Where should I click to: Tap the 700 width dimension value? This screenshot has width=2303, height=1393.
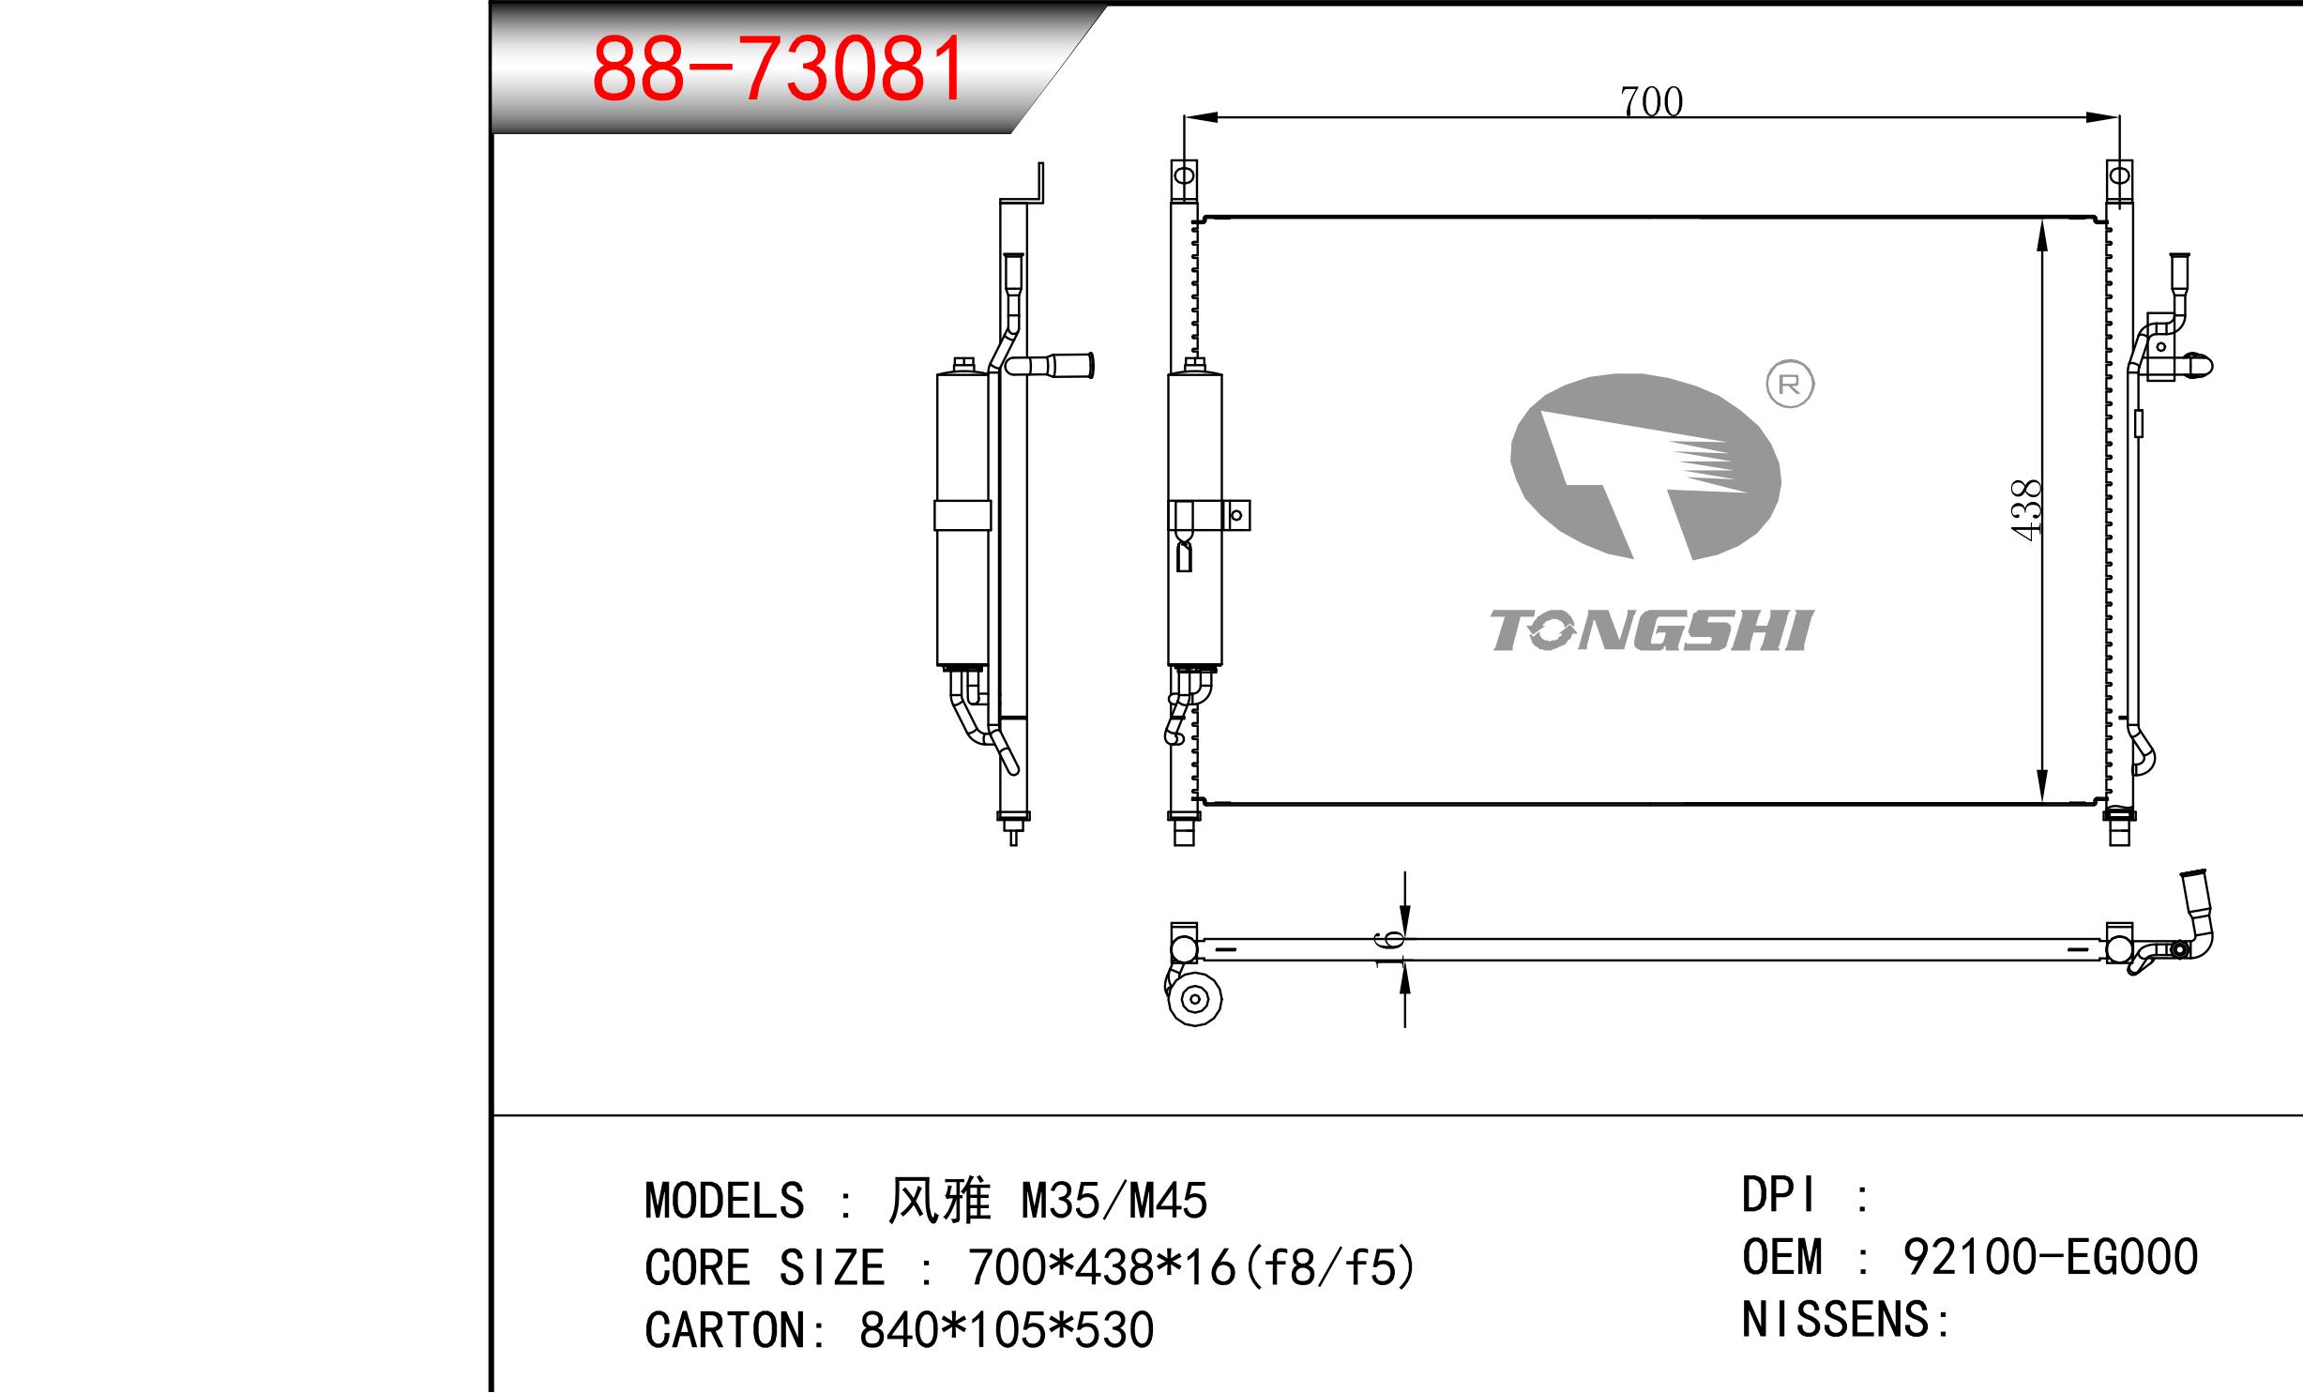pos(1651,101)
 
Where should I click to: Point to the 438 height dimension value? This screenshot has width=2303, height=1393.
pos(2027,509)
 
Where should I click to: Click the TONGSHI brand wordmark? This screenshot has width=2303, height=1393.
pos(1652,629)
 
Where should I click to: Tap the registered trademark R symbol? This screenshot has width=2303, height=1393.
pos(1790,385)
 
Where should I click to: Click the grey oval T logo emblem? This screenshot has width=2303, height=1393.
pos(1645,467)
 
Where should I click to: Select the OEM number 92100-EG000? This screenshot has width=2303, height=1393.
pos(2051,1257)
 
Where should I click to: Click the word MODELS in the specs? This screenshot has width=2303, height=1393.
pos(724,1201)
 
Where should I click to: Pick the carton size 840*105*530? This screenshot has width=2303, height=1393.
pos(1007,1330)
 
